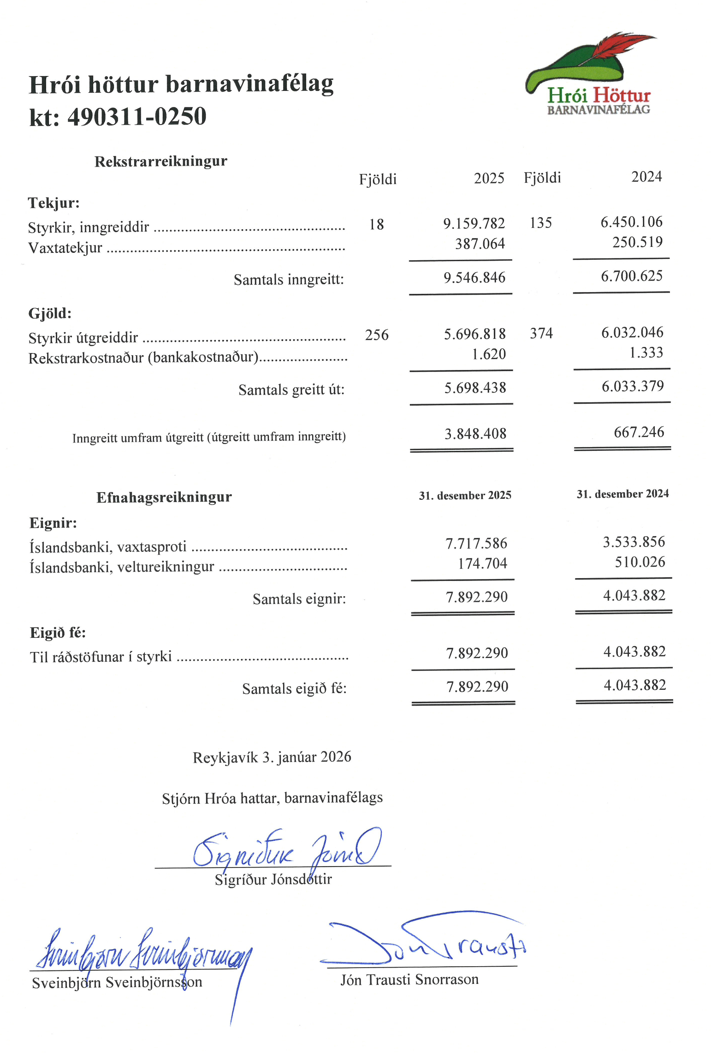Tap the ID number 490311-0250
point(137,116)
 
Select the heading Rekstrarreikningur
point(160,161)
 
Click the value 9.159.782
point(474,224)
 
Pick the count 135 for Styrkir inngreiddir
point(540,223)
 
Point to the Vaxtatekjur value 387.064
point(480,244)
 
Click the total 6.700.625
point(631,276)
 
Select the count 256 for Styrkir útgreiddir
point(376,335)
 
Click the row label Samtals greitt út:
point(291,390)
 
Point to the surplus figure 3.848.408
point(475,434)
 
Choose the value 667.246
point(639,432)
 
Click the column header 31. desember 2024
point(622,494)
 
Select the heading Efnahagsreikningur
point(164,497)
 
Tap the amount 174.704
point(482,563)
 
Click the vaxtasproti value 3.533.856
point(634,542)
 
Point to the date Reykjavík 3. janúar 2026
point(272,757)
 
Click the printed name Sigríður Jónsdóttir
point(273,879)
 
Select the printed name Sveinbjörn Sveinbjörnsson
point(117,982)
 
